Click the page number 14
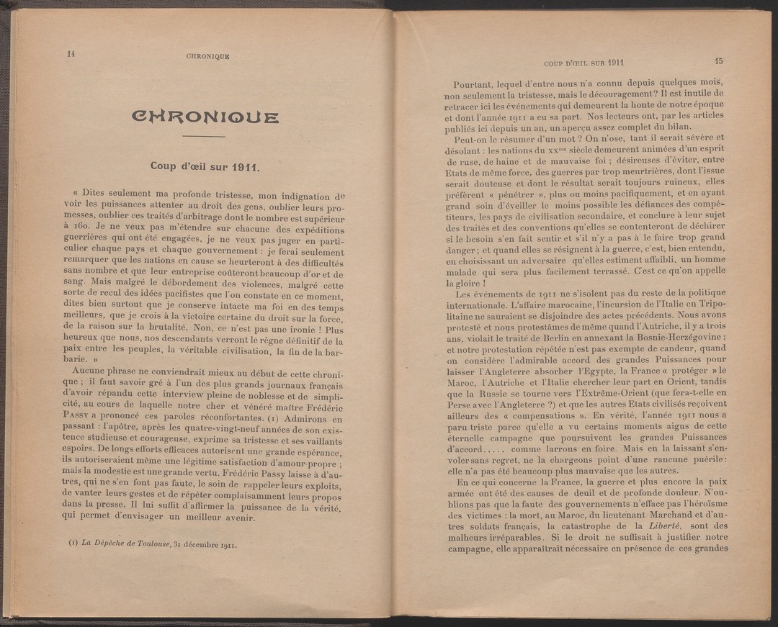click(x=71, y=53)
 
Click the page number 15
click(x=718, y=62)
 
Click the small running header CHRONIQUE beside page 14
click(x=207, y=55)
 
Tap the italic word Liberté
click(x=640, y=525)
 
